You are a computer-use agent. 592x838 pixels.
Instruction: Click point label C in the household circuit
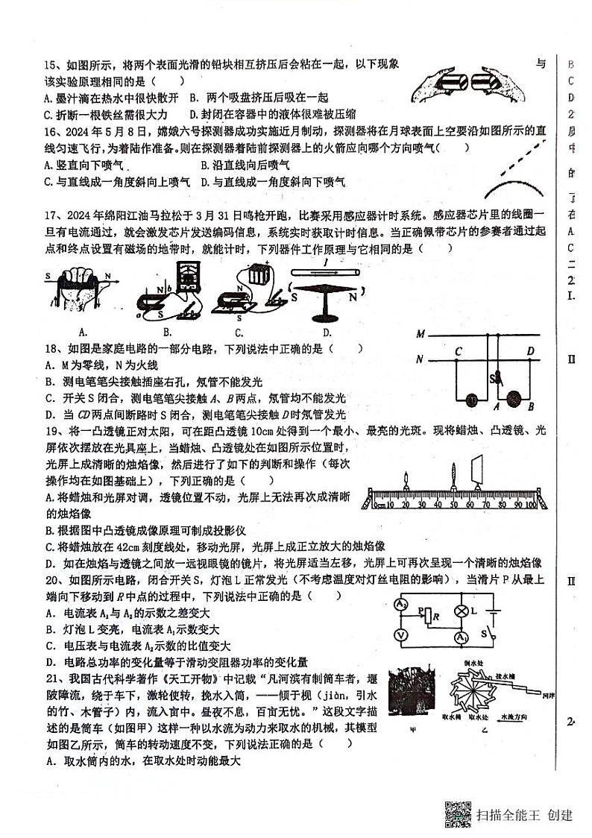pos(459,351)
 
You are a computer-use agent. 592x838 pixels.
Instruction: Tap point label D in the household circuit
pos(529,351)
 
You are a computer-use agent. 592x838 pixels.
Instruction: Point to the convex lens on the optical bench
pos(453,478)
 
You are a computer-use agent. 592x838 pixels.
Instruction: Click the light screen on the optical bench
pos(477,476)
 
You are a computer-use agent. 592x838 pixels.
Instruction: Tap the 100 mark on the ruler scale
pos(530,507)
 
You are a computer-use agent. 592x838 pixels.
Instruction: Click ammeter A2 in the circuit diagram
pos(400,605)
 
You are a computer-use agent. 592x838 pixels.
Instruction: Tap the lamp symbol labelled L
pos(462,611)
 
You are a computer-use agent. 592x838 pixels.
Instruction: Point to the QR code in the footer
pos(458,814)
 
